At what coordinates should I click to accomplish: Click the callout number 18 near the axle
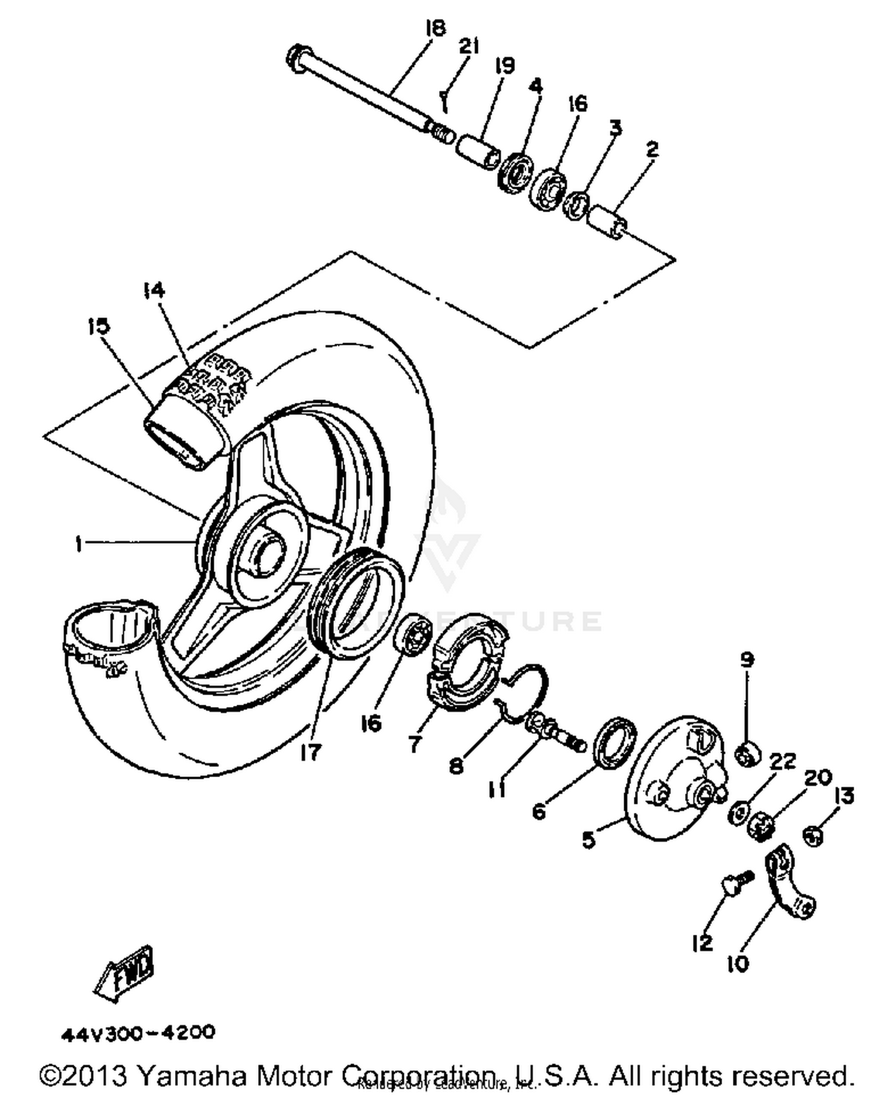(436, 28)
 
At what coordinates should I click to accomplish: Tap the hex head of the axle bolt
(296, 59)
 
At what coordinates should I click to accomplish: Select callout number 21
(470, 45)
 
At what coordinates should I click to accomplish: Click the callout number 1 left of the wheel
(78, 544)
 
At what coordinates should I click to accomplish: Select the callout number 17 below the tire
(311, 753)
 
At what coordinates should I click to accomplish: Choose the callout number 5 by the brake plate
(589, 840)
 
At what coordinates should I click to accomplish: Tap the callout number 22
(783, 761)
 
